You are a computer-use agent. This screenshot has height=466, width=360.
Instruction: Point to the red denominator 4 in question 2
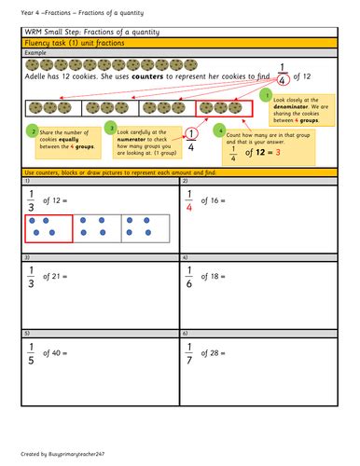(189, 209)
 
